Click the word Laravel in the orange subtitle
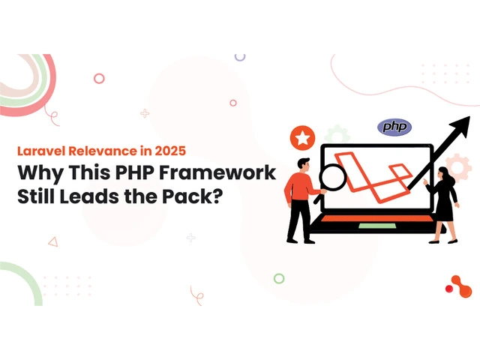point(41,151)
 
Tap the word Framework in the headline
point(217,172)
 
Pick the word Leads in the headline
point(89,196)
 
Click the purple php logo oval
point(394,127)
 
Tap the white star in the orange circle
point(303,138)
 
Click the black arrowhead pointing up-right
point(460,127)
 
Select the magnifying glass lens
point(332,177)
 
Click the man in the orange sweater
point(301,200)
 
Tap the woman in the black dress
point(443,205)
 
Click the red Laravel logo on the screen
point(373,177)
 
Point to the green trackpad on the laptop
point(377,226)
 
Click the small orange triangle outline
point(53,241)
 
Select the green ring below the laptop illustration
point(279,278)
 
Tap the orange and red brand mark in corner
point(458,286)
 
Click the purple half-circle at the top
point(240,58)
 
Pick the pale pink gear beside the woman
point(458,167)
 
